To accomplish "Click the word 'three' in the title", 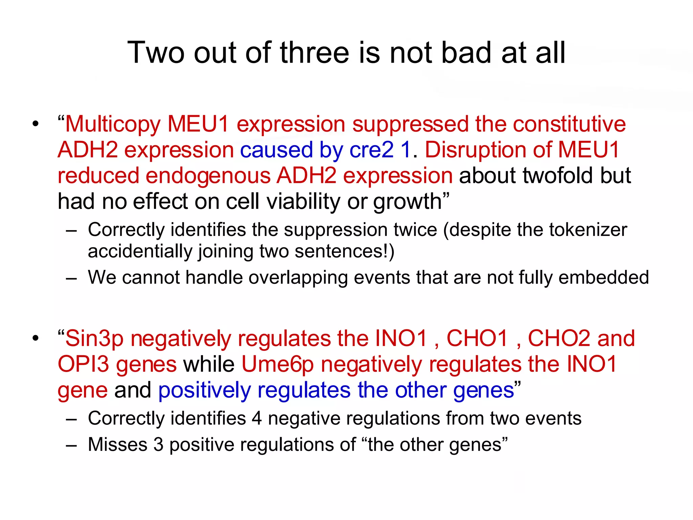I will coord(314,53).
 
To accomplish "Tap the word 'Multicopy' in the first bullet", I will coord(113,124).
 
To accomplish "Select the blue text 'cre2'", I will coord(372,150).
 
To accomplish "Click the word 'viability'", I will coord(303,201).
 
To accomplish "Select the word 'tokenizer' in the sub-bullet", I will coord(588,230).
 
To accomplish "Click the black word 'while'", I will coord(209,364).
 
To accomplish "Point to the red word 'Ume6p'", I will coord(277,364).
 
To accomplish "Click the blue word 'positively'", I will coord(204,390).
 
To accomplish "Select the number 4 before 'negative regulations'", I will coord(256,418).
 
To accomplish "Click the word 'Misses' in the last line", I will coord(117,445).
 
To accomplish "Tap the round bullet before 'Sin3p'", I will coord(36,338).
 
